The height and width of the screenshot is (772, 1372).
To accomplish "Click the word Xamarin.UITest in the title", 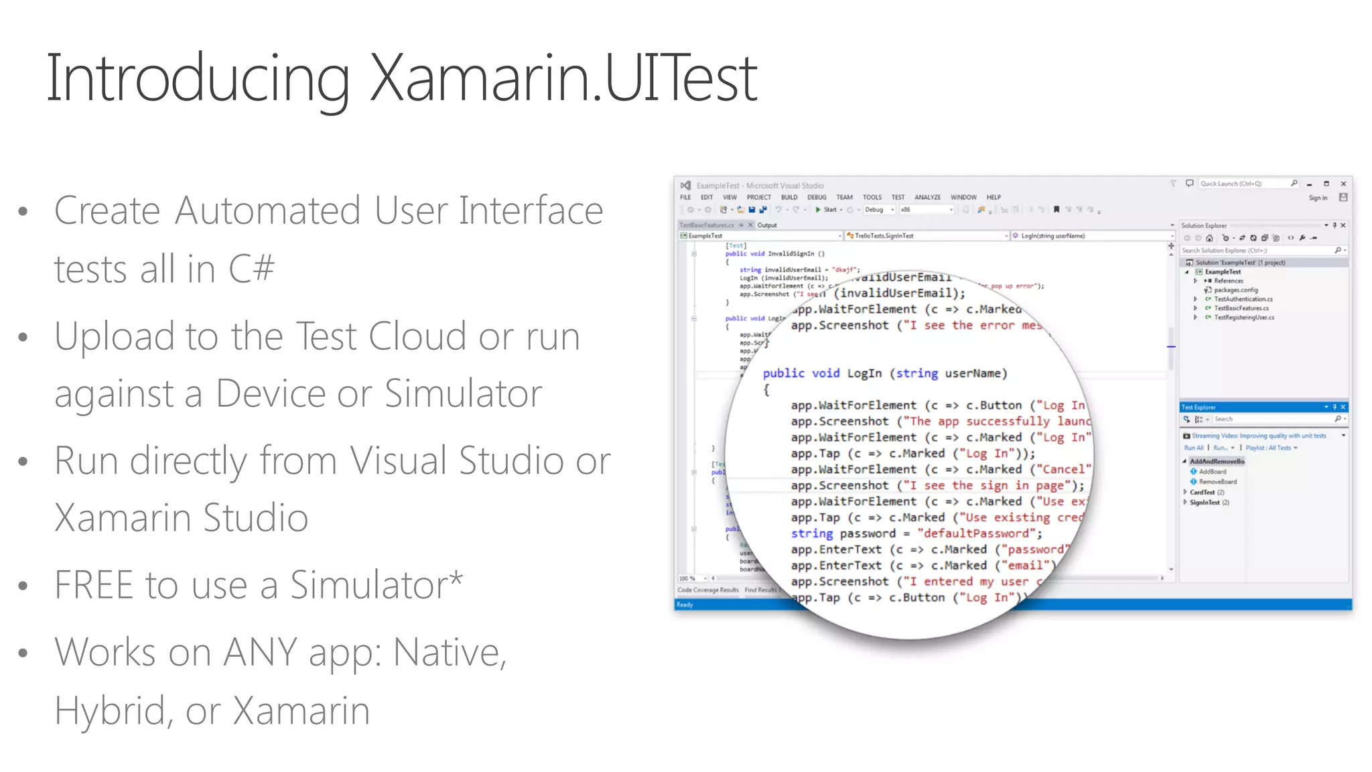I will pos(563,79).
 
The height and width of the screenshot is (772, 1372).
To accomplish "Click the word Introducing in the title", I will pos(198,79).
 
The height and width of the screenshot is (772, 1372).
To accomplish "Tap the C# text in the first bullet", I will pos(251,269).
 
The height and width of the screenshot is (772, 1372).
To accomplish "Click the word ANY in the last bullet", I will pos(255,652).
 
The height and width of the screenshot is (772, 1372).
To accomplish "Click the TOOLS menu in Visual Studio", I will pos(872,198).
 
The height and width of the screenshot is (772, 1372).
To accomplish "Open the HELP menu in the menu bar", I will pos(993,198).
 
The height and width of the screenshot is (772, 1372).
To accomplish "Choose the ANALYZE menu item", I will pos(928,198).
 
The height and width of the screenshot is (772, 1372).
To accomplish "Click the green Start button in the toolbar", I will pos(827,210).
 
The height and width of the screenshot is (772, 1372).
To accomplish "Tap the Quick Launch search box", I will pos(1245,184).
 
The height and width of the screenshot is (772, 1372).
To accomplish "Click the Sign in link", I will pos(1318,198).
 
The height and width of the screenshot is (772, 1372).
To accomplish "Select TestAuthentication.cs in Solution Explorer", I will pos(1243,300).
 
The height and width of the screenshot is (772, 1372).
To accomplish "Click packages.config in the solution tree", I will pos(1236,290).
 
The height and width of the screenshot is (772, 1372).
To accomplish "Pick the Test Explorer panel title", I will pos(1198,407).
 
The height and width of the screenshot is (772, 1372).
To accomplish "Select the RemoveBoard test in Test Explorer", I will pos(1218,482).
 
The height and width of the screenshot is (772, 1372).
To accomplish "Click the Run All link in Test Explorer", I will pos(1194,448).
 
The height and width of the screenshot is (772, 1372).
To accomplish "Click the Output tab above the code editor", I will pos(767,225).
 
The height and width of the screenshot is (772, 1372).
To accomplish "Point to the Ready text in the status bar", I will pos(685,605).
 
